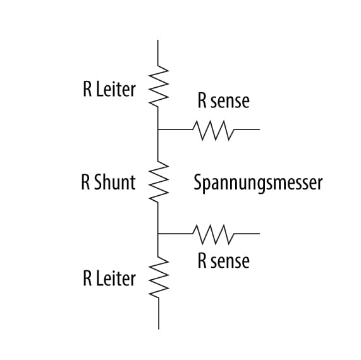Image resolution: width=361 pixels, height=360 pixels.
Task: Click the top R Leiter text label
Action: [109, 90]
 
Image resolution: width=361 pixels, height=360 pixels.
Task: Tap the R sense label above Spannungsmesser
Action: [223, 101]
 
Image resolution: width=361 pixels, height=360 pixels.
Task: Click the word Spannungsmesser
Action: [258, 183]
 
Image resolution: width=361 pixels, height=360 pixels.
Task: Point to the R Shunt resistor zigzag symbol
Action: [157, 181]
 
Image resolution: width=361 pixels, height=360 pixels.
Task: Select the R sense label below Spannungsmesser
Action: [223, 261]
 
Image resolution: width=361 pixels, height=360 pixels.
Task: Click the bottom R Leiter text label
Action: [109, 279]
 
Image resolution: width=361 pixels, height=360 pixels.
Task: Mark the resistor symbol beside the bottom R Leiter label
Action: [157, 278]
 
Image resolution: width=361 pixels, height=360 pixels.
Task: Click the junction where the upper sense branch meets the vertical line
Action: [158, 130]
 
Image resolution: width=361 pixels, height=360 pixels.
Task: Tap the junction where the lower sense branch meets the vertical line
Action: [158, 233]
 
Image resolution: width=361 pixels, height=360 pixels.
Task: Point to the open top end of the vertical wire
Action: [158, 40]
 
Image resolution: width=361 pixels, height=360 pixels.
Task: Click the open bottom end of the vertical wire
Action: [158, 328]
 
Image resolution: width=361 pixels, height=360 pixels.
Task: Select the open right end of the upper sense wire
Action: [258, 130]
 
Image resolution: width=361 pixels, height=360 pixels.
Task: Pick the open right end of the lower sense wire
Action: [258, 233]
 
